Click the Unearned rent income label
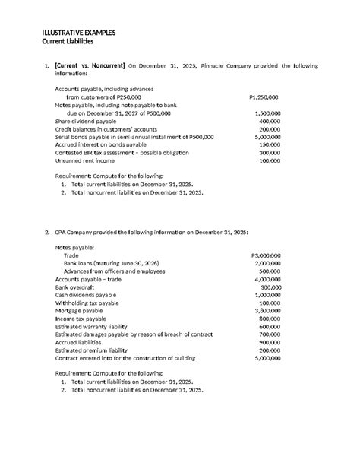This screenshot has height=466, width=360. [x=85, y=160]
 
